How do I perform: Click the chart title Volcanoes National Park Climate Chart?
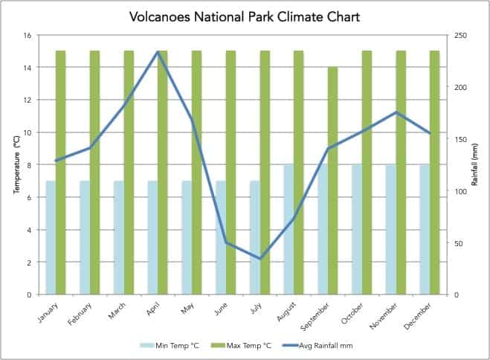[x=245, y=16]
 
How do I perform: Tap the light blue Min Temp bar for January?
[x=51, y=237]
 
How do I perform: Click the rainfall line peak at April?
[x=158, y=51]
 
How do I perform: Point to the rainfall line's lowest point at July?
[x=260, y=259]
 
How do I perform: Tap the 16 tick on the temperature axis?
[x=27, y=35]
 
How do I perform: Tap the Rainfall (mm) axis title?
[x=474, y=165]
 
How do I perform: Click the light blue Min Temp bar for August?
[x=288, y=230]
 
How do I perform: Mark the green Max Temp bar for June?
[x=231, y=173]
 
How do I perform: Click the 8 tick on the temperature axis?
[x=29, y=165]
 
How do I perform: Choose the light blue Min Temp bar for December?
[x=425, y=230]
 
